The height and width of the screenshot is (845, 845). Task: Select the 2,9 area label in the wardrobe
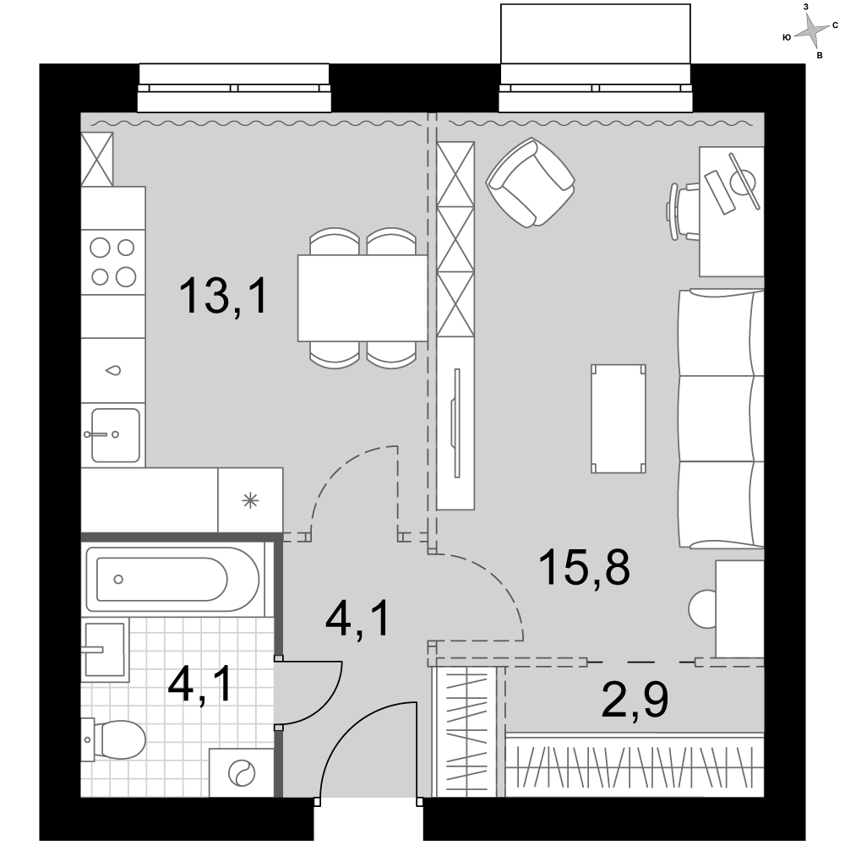coord(635,700)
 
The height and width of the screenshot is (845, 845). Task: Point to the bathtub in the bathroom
coord(172,580)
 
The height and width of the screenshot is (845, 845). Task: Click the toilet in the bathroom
coord(114,740)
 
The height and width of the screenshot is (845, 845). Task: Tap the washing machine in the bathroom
coord(241,773)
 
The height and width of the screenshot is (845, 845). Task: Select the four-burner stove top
coord(113,263)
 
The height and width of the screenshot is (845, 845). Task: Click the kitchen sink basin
coord(115,435)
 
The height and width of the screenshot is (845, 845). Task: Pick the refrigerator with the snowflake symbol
coord(250,500)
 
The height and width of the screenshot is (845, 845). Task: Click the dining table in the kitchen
coord(363,298)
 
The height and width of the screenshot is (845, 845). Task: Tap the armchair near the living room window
coord(531,183)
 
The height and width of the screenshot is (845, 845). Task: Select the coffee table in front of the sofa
coord(619,419)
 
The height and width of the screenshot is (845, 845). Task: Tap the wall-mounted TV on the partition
coord(456,423)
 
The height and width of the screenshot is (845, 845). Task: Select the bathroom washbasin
coord(106,649)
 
